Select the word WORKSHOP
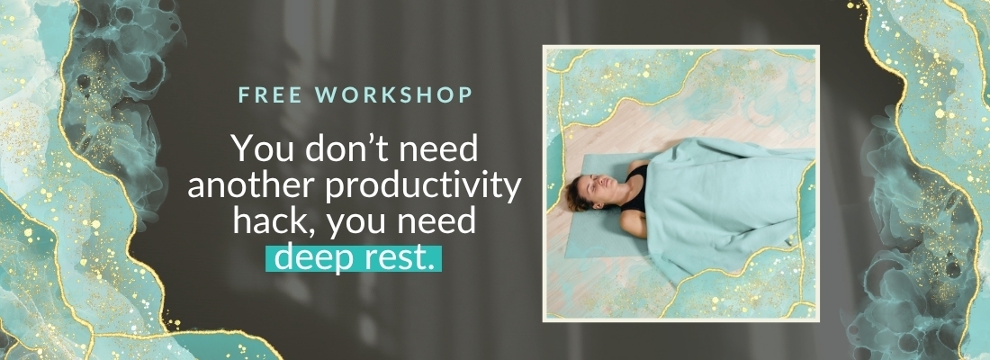point(386,94)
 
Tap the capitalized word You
point(257,149)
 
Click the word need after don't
point(439,149)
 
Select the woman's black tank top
point(636,187)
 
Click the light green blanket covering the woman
point(726,202)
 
